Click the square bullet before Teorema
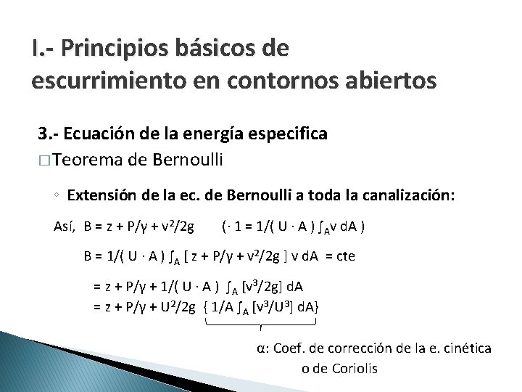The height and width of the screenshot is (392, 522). tap(44, 159)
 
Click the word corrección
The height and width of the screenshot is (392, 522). tap(365, 348)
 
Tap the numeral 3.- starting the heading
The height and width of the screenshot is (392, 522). tap(48, 134)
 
